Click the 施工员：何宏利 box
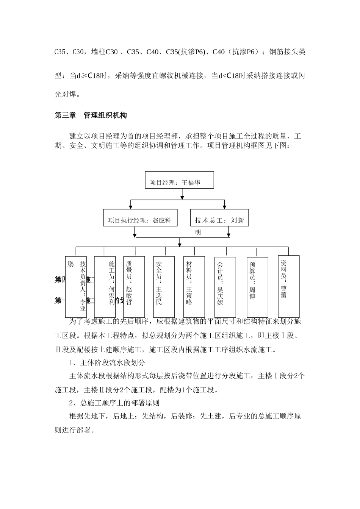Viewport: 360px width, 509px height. [x=105, y=286]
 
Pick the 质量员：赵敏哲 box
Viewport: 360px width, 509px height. [x=134, y=286]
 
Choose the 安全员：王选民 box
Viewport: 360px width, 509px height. [x=164, y=286]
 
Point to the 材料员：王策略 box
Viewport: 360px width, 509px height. [x=194, y=286]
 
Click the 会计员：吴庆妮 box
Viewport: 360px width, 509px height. [x=225, y=287]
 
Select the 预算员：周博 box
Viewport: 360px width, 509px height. [x=257, y=287]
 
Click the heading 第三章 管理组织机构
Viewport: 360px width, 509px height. [x=91, y=116]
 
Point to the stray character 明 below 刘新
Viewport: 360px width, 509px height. [x=198, y=233]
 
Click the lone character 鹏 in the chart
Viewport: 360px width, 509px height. [x=70, y=264]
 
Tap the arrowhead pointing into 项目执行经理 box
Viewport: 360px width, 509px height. [x=131, y=206]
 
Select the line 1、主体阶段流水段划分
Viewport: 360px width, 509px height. [x=107, y=362]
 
